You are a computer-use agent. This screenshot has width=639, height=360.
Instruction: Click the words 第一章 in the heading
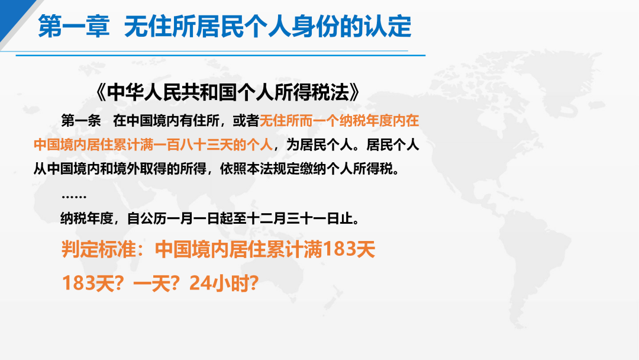pos(74,27)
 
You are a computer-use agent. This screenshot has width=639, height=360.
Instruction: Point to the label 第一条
pos(80,121)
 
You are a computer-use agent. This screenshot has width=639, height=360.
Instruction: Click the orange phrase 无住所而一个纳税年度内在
pos(339,121)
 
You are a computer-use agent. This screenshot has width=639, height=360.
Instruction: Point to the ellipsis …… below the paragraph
pos(74,197)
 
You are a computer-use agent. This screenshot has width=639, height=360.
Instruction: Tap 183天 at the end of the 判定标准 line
pos(348,249)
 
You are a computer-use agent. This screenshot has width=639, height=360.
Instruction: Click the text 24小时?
pos(224,283)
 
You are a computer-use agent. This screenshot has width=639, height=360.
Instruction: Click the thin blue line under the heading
pos(220,55)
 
